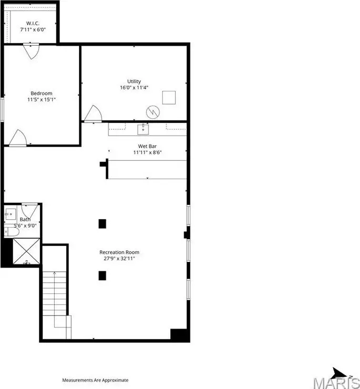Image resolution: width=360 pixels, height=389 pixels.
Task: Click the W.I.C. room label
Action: [x=33, y=23]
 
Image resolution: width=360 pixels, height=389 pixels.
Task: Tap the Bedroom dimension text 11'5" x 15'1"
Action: [x=41, y=99]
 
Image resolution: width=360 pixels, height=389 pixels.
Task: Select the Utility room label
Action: [x=134, y=81]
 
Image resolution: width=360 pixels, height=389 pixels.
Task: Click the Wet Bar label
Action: [x=147, y=146]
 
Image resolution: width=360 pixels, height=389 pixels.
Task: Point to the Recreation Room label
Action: [x=119, y=252]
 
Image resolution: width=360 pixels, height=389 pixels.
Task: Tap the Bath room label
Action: [x=25, y=219]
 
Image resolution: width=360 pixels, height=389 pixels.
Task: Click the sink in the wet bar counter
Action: [x=143, y=129]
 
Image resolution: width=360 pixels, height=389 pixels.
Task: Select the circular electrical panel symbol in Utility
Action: [x=153, y=112]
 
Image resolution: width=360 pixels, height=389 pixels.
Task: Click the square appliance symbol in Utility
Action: [x=169, y=97]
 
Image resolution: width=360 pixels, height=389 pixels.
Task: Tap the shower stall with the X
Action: [x=26, y=251]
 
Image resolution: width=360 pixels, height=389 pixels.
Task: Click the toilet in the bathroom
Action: [x=12, y=232]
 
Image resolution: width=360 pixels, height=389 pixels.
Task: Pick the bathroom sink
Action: [x=10, y=214]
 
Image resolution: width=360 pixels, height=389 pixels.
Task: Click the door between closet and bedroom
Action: [x=31, y=52]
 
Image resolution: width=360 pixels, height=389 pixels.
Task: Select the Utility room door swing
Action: [x=93, y=114]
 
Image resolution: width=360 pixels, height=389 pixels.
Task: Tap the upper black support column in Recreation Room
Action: [x=102, y=224]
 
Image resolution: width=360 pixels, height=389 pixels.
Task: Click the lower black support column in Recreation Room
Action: [x=102, y=275]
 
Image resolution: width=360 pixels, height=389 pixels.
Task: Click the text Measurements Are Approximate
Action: [x=95, y=380]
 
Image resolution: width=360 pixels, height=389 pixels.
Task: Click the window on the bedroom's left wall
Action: [x=2, y=110]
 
